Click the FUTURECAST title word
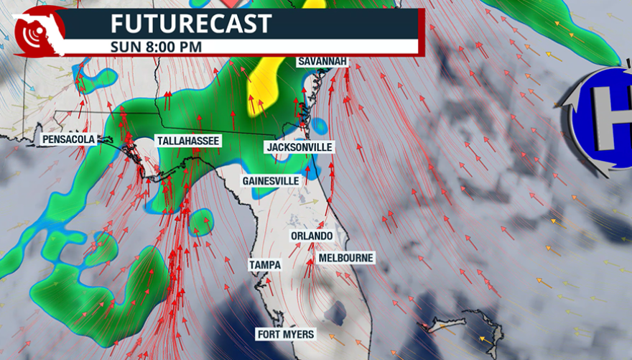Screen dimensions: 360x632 coord(191,23)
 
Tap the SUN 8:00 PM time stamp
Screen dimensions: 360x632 coord(156,47)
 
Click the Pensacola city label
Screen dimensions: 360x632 coord(69,139)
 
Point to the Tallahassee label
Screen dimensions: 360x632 coord(187,141)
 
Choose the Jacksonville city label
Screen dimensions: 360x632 coord(299,147)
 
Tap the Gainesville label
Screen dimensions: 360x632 coord(271,181)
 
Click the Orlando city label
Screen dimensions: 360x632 coord(312,236)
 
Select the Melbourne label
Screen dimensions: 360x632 coord(345,257)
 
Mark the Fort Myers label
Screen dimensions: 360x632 coord(285,334)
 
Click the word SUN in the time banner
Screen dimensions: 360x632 coord(124,47)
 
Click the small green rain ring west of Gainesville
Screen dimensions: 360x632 coord(202,222)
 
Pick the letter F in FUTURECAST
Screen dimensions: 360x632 coord(118,23)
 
